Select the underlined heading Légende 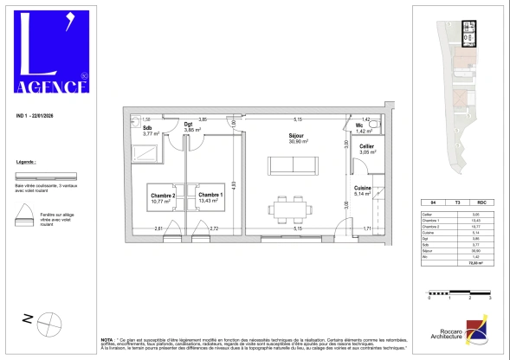(x=27, y=163)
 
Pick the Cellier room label (x=367, y=148)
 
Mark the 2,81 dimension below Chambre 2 (x=158, y=228)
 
